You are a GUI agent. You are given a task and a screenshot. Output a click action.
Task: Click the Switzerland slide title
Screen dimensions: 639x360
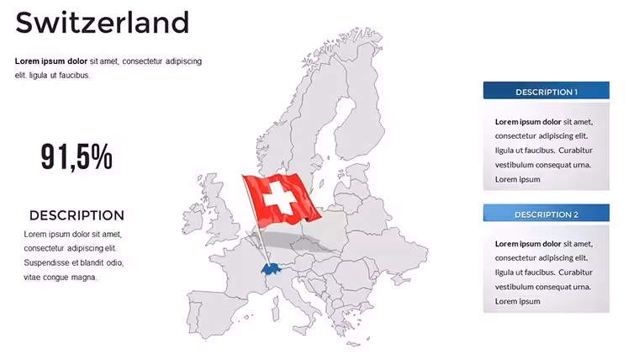click(103, 23)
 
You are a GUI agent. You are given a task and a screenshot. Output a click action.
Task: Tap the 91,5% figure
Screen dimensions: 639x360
click(77, 156)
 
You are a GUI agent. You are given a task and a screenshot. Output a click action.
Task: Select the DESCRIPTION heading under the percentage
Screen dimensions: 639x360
click(77, 215)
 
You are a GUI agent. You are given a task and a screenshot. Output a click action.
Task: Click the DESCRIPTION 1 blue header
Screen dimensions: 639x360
click(546, 91)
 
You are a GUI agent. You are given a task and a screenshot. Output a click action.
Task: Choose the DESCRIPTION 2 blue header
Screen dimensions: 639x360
click(546, 213)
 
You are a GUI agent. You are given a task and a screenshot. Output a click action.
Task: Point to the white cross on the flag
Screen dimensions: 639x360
click(279, 199)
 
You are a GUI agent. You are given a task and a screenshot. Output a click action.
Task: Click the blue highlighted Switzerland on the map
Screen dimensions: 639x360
click(272, 269)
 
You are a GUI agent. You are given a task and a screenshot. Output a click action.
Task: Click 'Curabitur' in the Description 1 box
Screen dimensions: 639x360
click(575, 151)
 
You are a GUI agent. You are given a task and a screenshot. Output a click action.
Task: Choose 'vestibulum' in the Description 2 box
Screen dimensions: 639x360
click(515, 287)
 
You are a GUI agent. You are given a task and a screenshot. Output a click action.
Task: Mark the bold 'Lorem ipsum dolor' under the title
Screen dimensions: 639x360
click(51, 61)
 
